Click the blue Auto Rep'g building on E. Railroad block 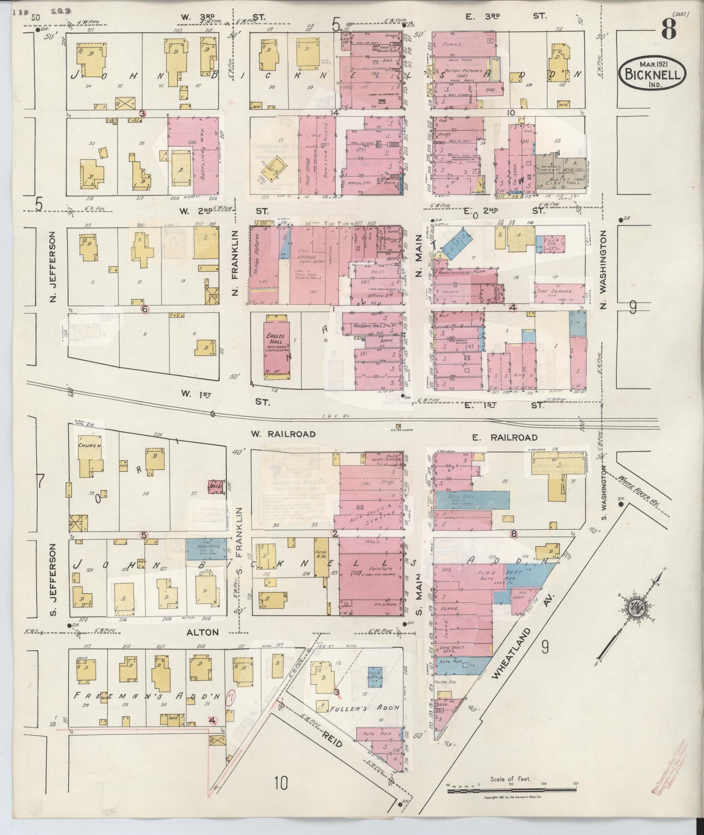tap(471, 499)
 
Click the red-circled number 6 tap(145, 309)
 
